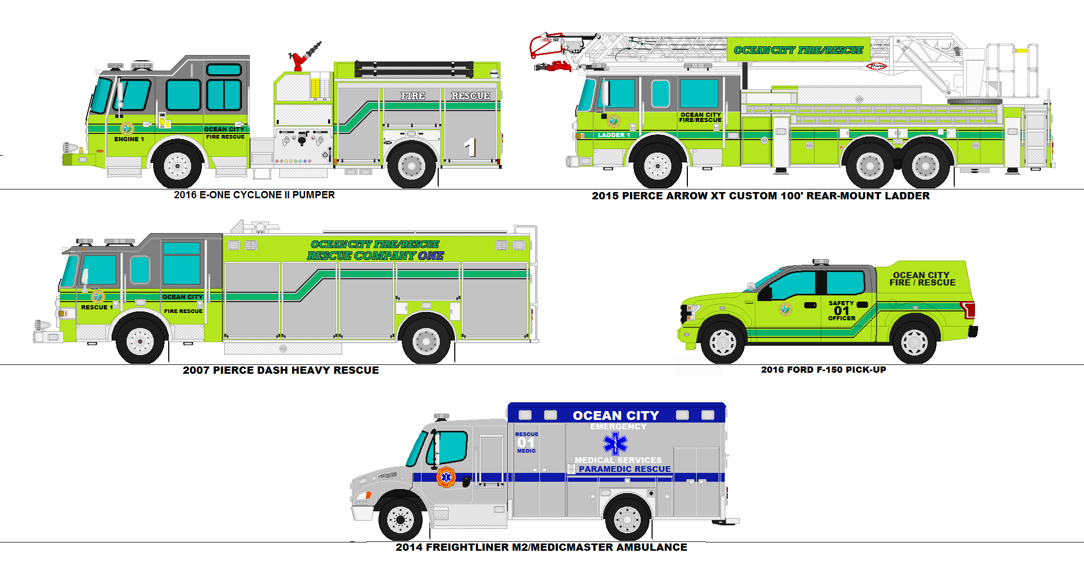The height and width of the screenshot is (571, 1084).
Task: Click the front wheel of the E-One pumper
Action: pyautogui.click(x=178, y=165)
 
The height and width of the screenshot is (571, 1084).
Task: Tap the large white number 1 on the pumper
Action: pyautogui.click(x=470, y=147)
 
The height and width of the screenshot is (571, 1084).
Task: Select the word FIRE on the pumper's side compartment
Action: pyautogui.click(x=413, y=96)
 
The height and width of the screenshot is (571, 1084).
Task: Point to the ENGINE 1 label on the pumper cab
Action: pyautogui.click(x=129, y=139)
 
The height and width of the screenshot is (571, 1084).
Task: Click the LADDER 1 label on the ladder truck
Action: pyautogui.click(x=614, y=135)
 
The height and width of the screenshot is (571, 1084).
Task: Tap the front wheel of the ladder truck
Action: pyautogui.click(x=657, y=166)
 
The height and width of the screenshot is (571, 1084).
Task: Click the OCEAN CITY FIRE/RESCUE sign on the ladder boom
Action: pyautogui.click(x=798, y=50)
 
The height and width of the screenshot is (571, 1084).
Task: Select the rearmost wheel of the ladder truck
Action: pyautogui.click(x=925, y=166)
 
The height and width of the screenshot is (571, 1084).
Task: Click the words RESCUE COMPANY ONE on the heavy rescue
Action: pyautogui.click(x=375, y=256)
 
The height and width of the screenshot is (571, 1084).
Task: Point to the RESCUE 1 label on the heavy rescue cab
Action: pyautogui.click(x=97, y=307)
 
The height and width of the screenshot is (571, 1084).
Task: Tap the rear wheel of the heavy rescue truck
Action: pyautogui.click(x=426, y=341)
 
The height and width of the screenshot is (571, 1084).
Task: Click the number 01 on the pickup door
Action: pyautogui.click(x=841, y=310)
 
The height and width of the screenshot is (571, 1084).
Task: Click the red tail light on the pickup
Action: pyautogui.click(x=968, y=309)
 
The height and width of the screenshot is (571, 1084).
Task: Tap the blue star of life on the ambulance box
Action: pyautogui.click(x=615, y=444)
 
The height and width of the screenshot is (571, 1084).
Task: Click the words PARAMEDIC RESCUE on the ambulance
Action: pyautogui.click(x=625, y=469)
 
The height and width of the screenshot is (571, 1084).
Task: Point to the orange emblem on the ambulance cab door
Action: pyautogui.click(x=446, y=477)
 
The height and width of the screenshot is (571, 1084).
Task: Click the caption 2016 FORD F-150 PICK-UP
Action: pyautogui.click(x=823, y=370)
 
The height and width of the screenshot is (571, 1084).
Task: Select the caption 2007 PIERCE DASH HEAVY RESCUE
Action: pyautogui.click(x=281, y=370)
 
